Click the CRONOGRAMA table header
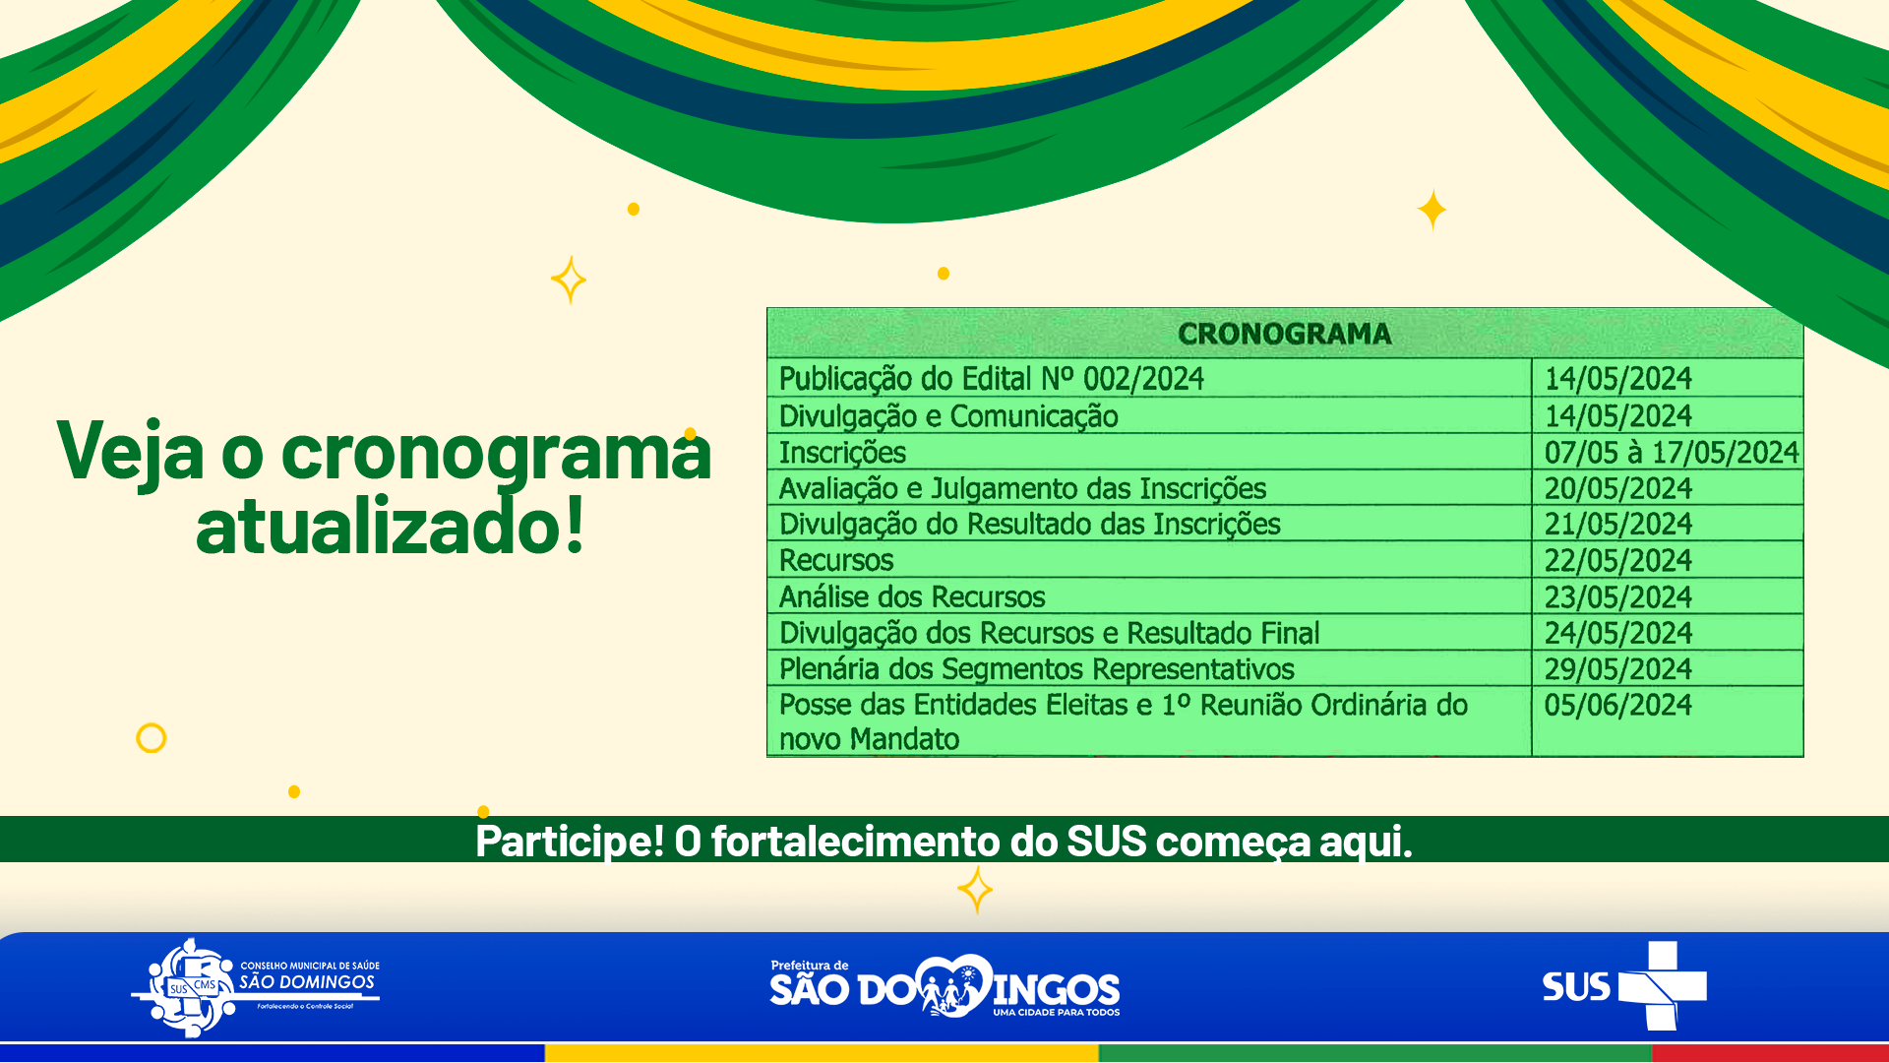(1284, 334)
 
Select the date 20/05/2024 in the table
(1617, 488)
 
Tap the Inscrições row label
(842, 453)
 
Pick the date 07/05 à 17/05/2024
(1672, 453)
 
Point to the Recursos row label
(836, 560)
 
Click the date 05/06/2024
(1617, 705)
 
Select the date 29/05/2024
(1617, 669)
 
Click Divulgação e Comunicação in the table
(948, 416)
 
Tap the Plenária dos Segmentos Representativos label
(1036, 669)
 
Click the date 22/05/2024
(1617, 560)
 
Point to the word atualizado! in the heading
(391, 526)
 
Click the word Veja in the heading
(131, 452)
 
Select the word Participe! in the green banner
(570, 841)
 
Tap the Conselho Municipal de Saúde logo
(256, 987)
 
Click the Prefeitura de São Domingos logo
(944, 986)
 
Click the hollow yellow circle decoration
(151, 724)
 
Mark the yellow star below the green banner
(975, 890)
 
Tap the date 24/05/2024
(1617, 633)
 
